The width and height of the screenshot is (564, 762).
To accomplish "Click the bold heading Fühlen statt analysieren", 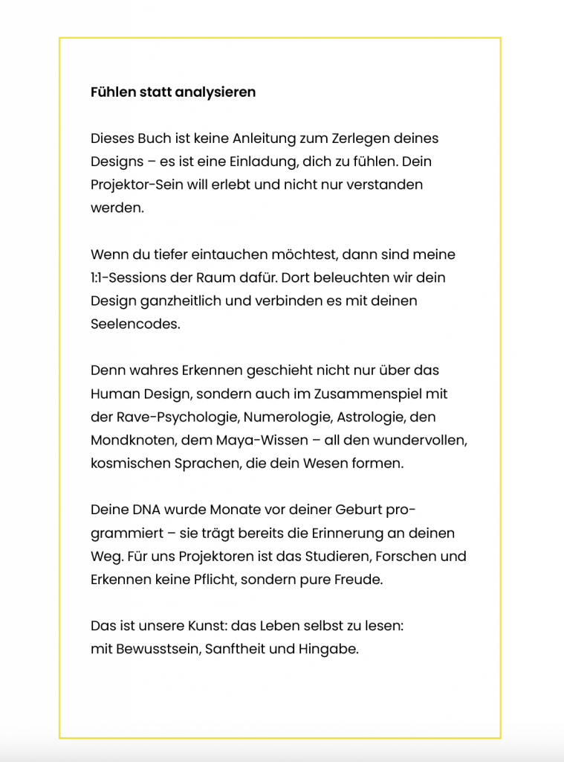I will pyautogui.click(x=173, y=92).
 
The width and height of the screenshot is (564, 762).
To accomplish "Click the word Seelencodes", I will pyautogui.click(x=134, y=324).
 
